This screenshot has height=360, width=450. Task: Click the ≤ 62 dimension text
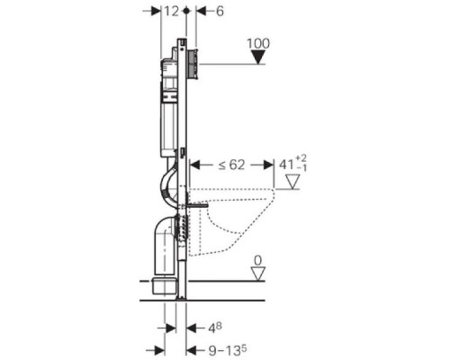[x=231, y=165]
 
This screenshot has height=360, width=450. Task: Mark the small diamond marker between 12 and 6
[x=185, y=10]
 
